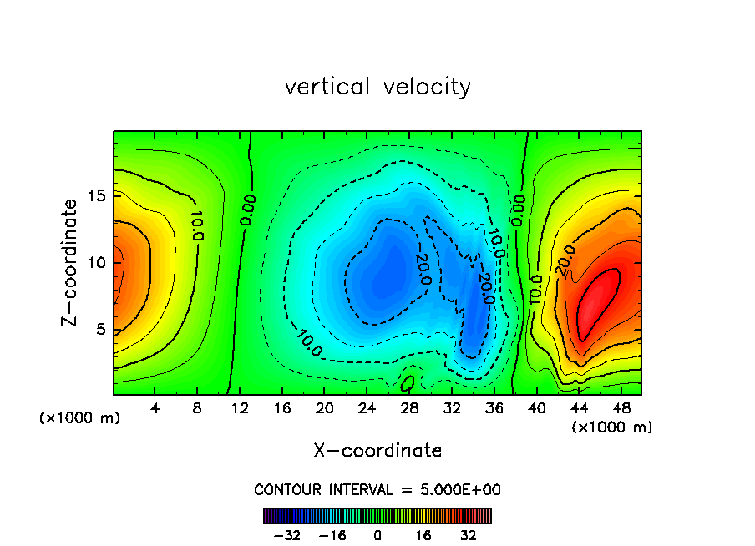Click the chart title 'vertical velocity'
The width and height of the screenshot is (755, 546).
(377, 87)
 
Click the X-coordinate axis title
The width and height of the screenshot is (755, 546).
(377, 451)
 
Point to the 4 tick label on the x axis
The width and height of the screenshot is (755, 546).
(155, 408)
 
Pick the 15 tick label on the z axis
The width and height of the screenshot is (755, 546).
(98, 195)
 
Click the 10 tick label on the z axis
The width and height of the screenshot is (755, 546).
(98, 262)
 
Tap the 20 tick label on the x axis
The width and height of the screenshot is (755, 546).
(325, 408)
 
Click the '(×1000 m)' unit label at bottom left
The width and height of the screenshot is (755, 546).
(79, 418)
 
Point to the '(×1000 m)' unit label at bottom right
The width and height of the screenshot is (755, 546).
(611, 427)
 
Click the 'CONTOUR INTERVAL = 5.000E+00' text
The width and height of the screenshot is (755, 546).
(377, 489)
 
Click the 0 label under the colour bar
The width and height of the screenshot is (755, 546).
(377, 534)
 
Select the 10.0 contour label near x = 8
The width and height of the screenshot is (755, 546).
(197, 224)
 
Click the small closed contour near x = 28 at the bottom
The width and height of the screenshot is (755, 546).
(408, 383)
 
